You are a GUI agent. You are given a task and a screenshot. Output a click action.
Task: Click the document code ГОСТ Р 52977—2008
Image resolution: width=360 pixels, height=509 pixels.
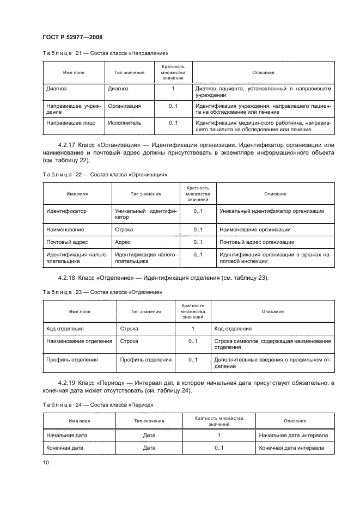72,37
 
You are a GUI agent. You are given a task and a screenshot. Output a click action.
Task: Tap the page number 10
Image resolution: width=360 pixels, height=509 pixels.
46,462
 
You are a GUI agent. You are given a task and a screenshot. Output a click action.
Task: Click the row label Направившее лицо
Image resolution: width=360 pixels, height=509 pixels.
71,123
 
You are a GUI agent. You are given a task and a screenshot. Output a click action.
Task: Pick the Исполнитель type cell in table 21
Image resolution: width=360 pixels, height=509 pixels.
125,123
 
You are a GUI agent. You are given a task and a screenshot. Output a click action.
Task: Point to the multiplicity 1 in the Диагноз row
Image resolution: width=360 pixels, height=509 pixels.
173,88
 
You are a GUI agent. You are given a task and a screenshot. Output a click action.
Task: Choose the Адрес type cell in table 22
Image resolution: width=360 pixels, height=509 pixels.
123,242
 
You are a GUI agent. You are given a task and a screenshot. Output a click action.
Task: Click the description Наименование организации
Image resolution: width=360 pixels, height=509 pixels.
254,230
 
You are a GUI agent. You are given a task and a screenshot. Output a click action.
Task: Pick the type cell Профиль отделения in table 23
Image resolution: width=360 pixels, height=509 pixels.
145,360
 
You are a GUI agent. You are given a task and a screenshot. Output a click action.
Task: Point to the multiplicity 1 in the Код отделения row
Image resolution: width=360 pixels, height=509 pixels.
193,329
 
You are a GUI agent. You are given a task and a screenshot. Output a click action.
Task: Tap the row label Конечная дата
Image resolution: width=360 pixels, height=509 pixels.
66,448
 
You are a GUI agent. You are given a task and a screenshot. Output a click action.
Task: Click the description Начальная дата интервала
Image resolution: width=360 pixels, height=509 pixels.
293,436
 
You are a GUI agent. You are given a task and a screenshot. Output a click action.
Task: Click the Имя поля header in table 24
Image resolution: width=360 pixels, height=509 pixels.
79,421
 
